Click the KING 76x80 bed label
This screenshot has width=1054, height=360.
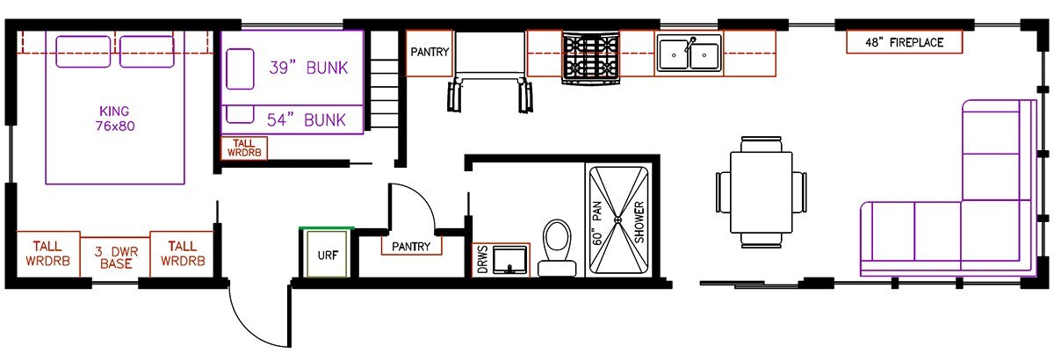(x=115, y=119)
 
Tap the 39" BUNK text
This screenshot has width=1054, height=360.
(x=308, y=68)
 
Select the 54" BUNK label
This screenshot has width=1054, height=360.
(x=307, y=120)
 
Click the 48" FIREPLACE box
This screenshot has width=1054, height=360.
(x=904, y=42)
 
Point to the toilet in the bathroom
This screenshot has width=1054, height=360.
(x=557, y=248)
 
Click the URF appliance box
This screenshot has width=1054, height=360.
(x=327, y=253)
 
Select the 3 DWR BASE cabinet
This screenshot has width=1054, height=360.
(x=115, y=257)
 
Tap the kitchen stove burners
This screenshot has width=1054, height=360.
(x=591, y=57)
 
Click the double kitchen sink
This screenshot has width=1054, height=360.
(x=689, y=54)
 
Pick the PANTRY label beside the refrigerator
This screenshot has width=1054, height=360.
(x=430, y=52)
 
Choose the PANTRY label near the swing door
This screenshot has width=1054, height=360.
(x=411, y=246)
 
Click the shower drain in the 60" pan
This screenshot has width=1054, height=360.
(x=617, y=220)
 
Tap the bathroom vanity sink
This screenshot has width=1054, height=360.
(x=509, y=259)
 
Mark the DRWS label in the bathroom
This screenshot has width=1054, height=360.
(x=482, y=259)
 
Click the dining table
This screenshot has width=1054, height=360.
(x=761, y=192)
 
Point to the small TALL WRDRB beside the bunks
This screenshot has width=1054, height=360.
(x=244, y=148)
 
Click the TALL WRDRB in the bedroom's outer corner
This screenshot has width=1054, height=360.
(x=48, y=254)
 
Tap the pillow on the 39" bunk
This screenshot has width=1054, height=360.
(x=240, y=68)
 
